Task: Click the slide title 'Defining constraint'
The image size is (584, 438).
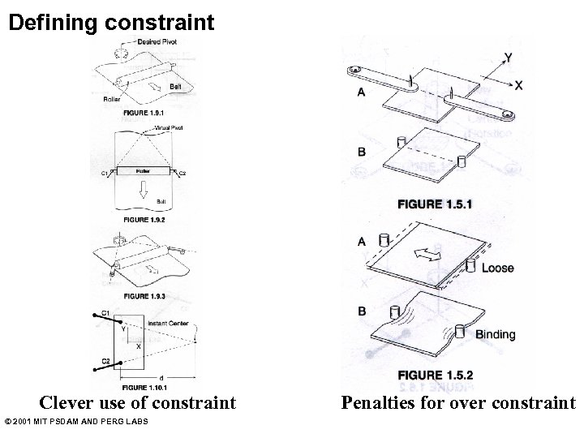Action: point(111,22)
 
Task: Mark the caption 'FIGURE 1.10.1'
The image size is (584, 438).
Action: point(144,386)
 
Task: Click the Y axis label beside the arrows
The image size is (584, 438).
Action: point(507,58)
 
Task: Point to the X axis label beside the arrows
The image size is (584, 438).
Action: point(518,84)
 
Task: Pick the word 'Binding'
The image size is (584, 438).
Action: point(496,334)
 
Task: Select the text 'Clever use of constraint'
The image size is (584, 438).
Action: point(139,403)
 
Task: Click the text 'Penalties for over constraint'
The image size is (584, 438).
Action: point(457,403)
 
